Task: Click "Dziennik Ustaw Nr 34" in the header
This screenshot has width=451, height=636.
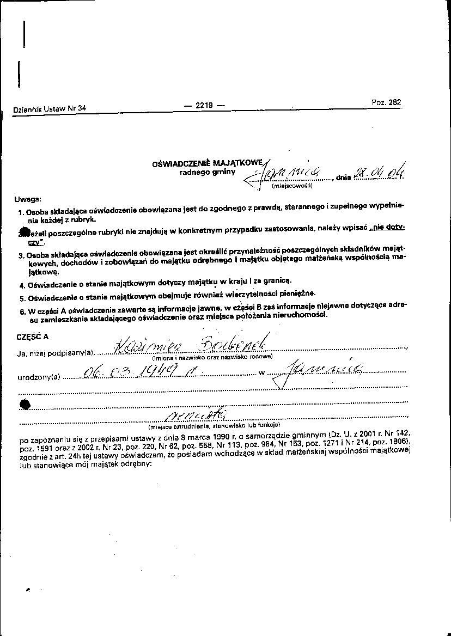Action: (50, 108)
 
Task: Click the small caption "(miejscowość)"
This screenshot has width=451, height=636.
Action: (291, 186)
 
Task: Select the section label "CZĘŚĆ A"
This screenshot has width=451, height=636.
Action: (33, 336)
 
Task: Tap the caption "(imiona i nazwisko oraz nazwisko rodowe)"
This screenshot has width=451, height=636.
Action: (212, 357)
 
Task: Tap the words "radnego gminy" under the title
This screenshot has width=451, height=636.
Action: (208, 172)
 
